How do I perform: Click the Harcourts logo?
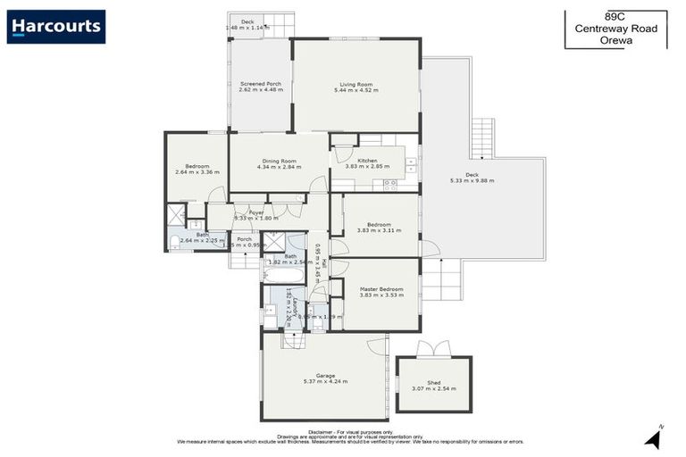coord(56,27)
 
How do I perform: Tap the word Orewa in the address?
coord(615,41)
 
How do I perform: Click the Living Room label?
coord(356,85)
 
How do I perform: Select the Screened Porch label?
coord(260,84)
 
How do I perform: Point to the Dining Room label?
coord(279,161)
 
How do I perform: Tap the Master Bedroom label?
coord(381,289)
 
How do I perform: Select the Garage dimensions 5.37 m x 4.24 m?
coord(324,382)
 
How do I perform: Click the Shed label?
coord(433,382)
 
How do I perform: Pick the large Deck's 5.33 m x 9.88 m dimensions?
coord(472,180)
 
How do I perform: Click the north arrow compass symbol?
coord(653,438)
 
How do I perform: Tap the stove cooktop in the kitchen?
coord(390,185)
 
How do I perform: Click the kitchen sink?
coord(410,164)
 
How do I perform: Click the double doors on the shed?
coord(433,350)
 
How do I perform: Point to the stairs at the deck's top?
coord(482,137)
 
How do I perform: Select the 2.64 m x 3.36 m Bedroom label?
coord(197,170)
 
